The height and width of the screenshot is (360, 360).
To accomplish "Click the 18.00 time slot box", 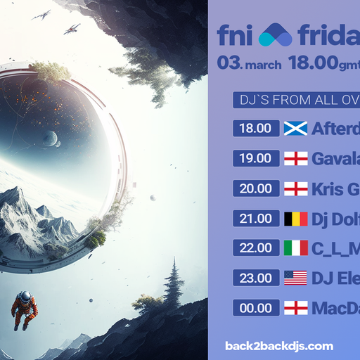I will (255, 128).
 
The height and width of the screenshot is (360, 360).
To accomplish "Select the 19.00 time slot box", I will (255, 158).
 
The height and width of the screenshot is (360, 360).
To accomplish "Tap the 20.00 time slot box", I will (255, 188).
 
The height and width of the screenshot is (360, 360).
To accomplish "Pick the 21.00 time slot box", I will (255, 218).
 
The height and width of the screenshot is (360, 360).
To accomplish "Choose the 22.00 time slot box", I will (255, 247).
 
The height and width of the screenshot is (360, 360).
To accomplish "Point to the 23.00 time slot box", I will (255, 278).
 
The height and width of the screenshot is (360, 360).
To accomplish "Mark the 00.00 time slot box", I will (255, 307).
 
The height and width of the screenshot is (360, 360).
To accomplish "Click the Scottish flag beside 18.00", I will (295, 128).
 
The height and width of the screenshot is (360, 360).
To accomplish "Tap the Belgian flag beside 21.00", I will (295, 218).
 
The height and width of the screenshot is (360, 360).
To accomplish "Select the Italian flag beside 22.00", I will (295, 247).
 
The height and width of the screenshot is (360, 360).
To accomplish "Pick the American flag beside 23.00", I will (295, 278).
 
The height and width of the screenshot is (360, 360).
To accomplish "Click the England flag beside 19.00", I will (295, 158).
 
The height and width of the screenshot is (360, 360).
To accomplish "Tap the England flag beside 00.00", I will (295, 307).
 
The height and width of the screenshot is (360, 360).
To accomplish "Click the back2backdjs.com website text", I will (279, 345).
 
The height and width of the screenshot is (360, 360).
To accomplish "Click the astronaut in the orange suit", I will (25, 308).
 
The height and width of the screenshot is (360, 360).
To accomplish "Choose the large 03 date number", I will (230, 63).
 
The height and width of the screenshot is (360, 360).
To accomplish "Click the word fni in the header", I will (235, 34).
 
